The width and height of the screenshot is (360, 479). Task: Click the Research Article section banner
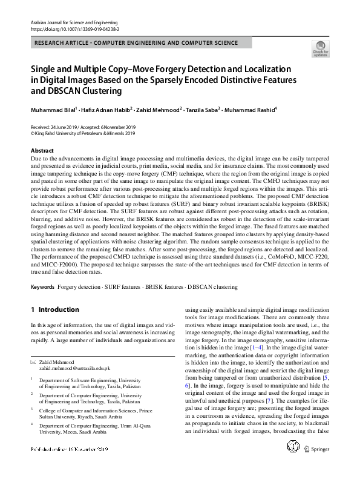137,43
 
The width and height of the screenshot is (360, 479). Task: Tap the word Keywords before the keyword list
44,286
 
